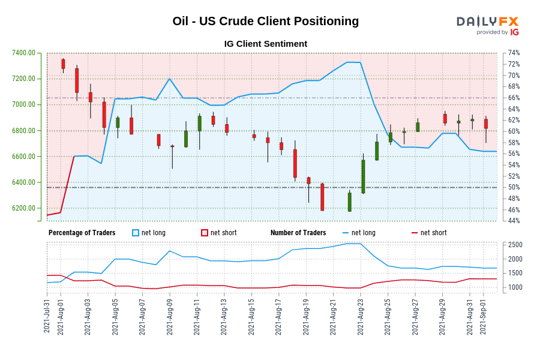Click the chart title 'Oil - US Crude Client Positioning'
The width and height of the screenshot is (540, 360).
[265, 21]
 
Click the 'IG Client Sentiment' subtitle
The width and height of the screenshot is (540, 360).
[265, 44]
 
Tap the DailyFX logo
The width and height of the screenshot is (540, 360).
[487, 25]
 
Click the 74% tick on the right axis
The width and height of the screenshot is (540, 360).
[514, 53]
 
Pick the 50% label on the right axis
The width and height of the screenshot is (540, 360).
[514, 187]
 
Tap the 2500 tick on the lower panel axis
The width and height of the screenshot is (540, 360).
[515, 245]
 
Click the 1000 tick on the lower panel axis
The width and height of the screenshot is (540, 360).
[515, 287]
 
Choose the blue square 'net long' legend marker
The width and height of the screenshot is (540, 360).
[136, 233]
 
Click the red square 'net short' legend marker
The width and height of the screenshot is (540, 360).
[205, 233]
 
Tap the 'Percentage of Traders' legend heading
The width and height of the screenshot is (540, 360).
[82, 233]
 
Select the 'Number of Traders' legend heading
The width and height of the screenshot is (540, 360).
[298, 233]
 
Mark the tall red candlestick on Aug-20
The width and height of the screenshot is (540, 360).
[322, 197]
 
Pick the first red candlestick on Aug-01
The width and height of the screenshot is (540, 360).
[63, 64]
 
